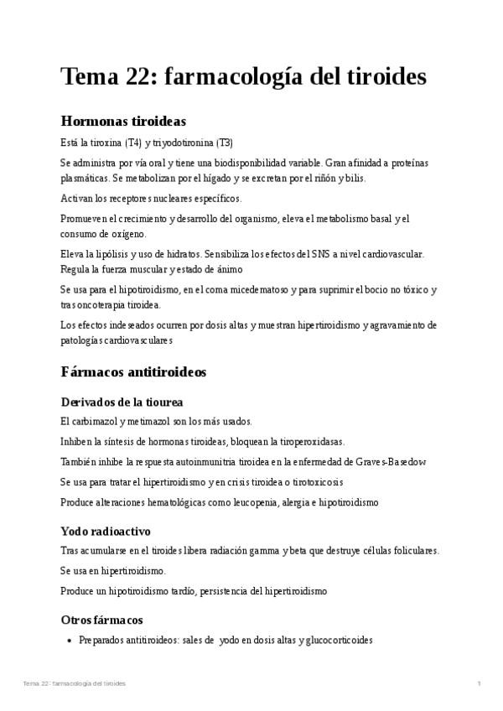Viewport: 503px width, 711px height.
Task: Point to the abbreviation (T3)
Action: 225,142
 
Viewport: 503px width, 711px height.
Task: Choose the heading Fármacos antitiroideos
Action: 133,371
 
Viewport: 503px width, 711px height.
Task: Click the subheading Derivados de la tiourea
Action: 122,402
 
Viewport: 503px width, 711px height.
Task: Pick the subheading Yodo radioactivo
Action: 117,531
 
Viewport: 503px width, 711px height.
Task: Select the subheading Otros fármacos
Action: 101,620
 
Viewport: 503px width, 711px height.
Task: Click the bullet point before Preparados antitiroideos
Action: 69,641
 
